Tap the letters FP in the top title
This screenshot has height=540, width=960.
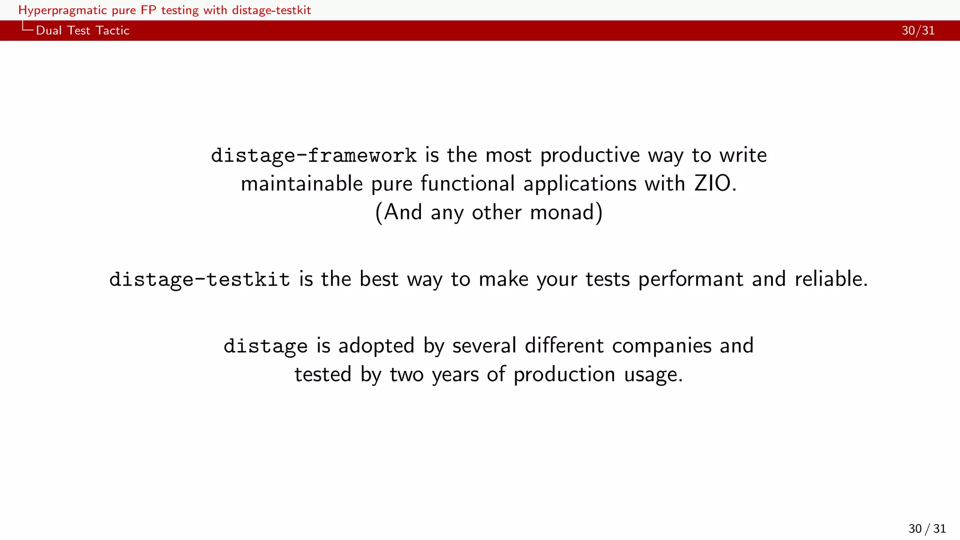tap(148, 10)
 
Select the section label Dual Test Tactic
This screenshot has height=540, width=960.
tap(82, 30)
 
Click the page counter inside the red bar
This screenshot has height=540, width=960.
tap(918, 30)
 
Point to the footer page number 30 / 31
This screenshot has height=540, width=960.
tap(927, 529)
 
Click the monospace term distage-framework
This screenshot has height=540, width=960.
tap(314, 156)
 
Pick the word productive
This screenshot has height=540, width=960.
tap(590, 156)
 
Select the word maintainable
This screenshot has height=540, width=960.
tap(301, 184)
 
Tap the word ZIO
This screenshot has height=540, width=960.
tap(712, 184)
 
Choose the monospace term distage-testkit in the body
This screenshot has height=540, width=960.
tap(200, 279)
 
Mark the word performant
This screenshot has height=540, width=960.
tap(690, 279)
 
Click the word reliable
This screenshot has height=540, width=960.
tap(831, 279)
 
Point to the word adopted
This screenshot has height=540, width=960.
tap(376, 346)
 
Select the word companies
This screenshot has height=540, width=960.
tap(662, 346)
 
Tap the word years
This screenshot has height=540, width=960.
tap(455, 375)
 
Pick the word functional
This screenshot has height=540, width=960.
tap(467, 184)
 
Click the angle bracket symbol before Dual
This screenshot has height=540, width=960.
tap(27, 28)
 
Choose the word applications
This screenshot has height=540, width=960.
tap(580, 184)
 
